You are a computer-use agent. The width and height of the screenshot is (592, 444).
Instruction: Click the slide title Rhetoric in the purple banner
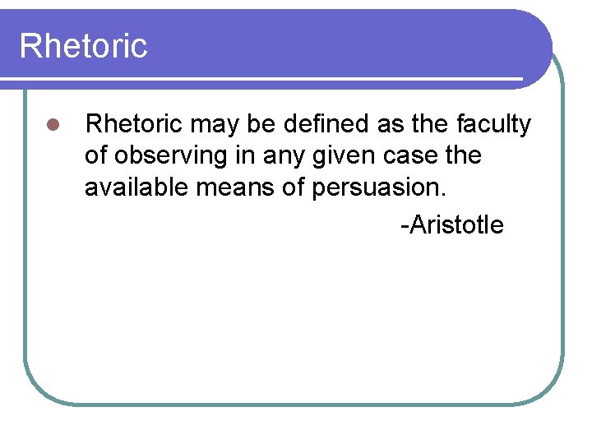(x=83, y=45)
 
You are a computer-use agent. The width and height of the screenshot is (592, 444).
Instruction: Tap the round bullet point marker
(x=51, y=126)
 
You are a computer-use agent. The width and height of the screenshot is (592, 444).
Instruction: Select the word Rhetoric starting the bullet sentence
(x=134, y=124)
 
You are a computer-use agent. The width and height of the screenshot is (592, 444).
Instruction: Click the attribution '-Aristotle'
(x=451, y=224)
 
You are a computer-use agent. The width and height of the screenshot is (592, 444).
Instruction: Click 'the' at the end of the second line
(x=464, y=156)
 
